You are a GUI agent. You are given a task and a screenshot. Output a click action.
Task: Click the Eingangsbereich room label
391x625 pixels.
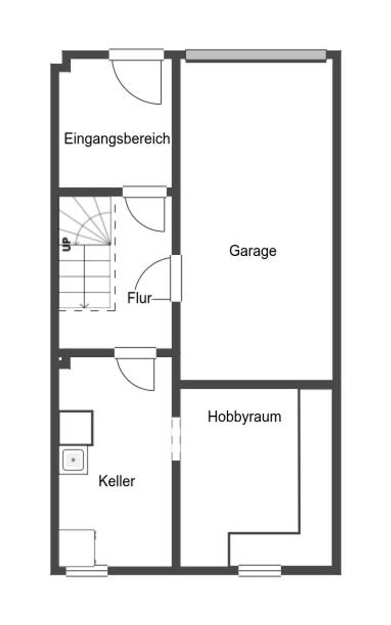(117, 139)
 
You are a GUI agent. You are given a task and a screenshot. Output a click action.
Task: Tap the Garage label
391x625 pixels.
(253, 251)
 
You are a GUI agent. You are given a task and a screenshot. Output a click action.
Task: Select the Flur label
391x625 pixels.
(139, 298)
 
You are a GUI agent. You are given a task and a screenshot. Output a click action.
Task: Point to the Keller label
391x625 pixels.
(116, 481)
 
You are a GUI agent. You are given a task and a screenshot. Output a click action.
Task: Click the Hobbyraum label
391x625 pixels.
(244, 417)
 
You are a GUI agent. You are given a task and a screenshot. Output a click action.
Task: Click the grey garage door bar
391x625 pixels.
(256, 55)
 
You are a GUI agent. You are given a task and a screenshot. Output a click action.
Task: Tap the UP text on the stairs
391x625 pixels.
(67, 244)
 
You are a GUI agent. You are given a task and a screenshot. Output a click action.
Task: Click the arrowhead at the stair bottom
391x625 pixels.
(84, 306)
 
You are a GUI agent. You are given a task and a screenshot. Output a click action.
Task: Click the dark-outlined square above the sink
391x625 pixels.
(76, 428)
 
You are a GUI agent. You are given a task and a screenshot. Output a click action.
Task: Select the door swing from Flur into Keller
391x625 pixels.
(131, 380)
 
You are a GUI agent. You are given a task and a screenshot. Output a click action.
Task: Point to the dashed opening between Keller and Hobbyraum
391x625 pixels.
(176, 439)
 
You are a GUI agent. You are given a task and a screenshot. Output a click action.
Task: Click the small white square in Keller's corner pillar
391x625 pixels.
(60, 359)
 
